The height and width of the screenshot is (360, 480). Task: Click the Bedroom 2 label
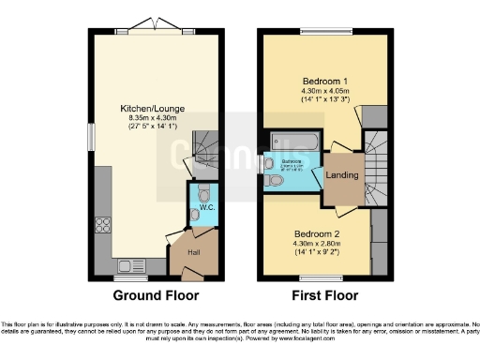point(313,232)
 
